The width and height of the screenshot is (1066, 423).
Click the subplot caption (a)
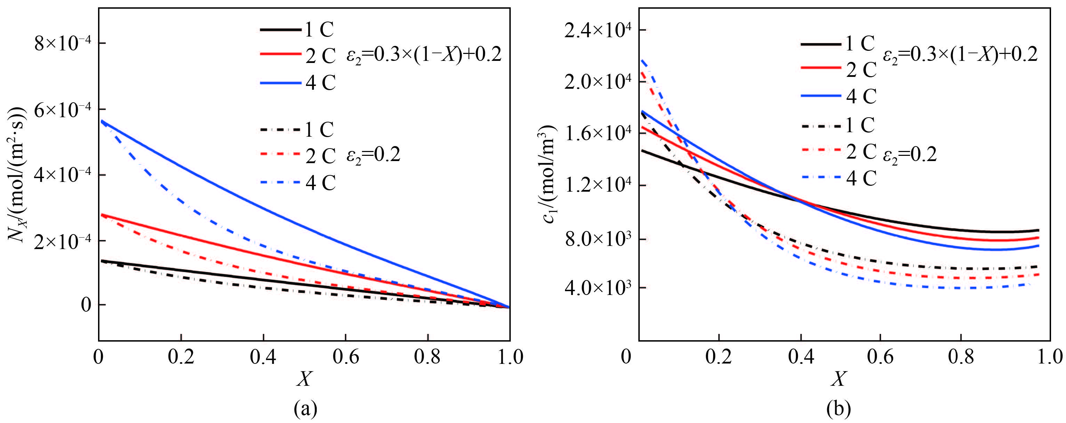point(305,409)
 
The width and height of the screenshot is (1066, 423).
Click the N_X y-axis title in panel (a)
point(17,174)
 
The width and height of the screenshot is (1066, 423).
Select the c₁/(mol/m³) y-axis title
point(548,174)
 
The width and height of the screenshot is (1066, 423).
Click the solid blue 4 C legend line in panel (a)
point(281,83)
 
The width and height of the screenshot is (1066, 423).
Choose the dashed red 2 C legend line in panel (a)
point(281,154)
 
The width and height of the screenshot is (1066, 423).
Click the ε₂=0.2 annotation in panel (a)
point(373,155)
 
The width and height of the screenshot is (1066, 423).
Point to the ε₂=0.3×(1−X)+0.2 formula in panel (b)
point(960,55)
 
